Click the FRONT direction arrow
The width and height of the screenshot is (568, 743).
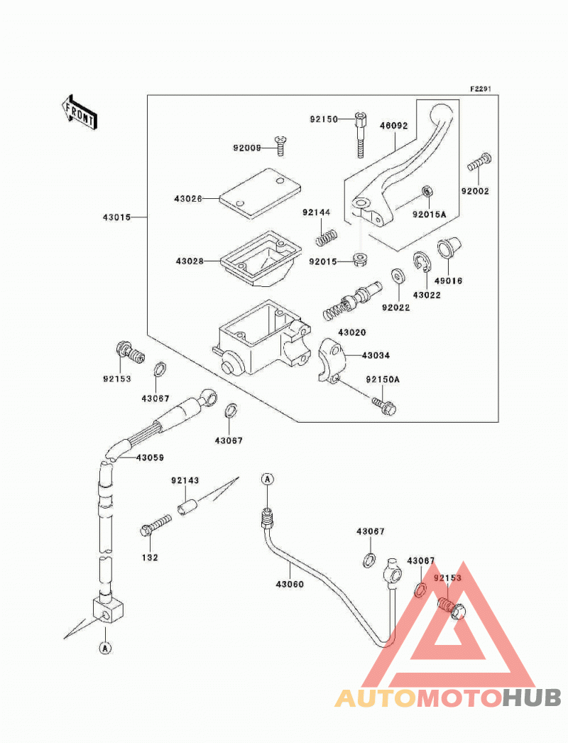tap(79, 113)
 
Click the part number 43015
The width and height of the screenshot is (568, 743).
tap(116, 217)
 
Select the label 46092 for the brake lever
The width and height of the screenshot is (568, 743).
tap(393, 126)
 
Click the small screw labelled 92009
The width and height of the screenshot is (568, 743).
tap(280, 146)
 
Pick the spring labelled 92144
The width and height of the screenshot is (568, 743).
tap(327, 237)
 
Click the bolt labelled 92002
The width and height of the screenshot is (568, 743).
tap(479, 163)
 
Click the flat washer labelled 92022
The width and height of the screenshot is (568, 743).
tap(397, 276)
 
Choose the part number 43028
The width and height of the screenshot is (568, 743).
tap(190, 261)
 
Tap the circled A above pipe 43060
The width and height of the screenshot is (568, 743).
tap(268, 479)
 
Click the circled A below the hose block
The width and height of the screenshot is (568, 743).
tap(105, 648)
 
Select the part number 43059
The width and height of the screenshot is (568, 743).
tap(150, 457)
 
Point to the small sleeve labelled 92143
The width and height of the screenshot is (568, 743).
tap(186, 505)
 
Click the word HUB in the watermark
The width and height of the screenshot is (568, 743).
tap(532, 698)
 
